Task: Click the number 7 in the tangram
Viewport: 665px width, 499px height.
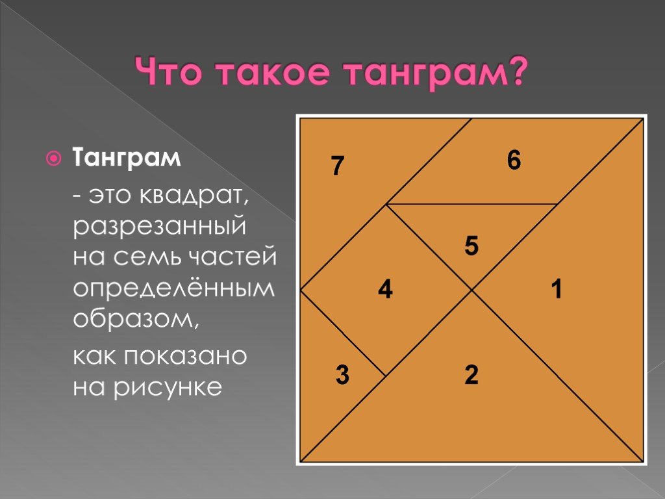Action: [338, 166]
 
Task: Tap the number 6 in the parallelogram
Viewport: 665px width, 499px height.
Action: [514, 160]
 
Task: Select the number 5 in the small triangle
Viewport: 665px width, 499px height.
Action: [471, 246]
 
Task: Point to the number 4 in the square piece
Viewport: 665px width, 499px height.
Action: [385, 290]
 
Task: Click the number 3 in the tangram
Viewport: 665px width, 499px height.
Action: [342, 375]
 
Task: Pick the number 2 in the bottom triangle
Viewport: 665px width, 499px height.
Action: [471, 375]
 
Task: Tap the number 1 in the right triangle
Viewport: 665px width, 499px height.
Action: [557, 289]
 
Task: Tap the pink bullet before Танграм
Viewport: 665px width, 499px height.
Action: [53, 159]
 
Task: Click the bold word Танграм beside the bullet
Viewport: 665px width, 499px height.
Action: [127, 158]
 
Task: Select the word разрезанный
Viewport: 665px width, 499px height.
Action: [160, 226]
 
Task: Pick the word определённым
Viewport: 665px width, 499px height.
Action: [174, 289]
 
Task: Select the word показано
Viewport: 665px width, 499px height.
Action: [185, 357]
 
